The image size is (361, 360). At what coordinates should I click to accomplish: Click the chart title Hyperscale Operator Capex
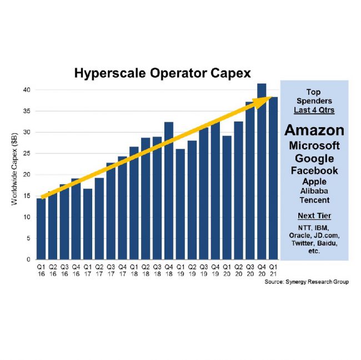(x=162, y=73)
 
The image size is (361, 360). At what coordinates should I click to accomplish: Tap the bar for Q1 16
(x=41, y=229)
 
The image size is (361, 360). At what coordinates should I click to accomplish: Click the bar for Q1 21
(x=273, y=178)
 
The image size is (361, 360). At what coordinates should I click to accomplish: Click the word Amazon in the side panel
(x=314, y=130)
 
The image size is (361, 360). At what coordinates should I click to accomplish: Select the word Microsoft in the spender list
(x=314, y=145)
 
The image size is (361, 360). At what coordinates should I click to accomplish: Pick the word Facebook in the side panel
(x=314, y=170)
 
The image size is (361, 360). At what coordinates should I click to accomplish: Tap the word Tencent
(x=314, y=200)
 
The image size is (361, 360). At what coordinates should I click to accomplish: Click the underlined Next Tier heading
(x=314, y=215)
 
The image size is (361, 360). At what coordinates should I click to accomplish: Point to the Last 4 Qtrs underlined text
(x=314, y=110)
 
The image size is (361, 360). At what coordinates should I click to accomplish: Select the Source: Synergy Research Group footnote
(x=307, y=282)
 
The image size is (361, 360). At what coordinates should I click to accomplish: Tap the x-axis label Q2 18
(x=146, y=270)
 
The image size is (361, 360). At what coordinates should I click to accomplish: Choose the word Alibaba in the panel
(x=314, y=191)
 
